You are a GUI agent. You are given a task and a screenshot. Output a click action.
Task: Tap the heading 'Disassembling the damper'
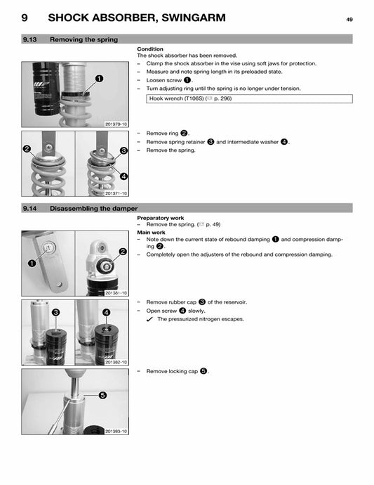click(x=94, y=209)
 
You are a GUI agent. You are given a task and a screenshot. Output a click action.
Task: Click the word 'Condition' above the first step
click(x=150, y=49)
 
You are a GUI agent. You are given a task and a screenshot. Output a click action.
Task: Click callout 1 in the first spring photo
click(x=100, y=79)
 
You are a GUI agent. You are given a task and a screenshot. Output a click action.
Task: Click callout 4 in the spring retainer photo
click(x=123, y=176)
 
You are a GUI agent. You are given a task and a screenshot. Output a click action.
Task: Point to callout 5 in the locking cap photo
click(x=102, y=396)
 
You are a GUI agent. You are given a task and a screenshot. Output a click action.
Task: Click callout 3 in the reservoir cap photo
click(x=55, y=311)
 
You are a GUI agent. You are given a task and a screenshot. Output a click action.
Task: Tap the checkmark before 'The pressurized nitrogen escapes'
click(x=149, y=319)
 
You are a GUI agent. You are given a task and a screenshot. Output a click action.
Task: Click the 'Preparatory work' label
click(x=161, y=218)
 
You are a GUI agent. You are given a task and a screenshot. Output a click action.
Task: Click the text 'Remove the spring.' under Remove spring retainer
click(x=171, y=150)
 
